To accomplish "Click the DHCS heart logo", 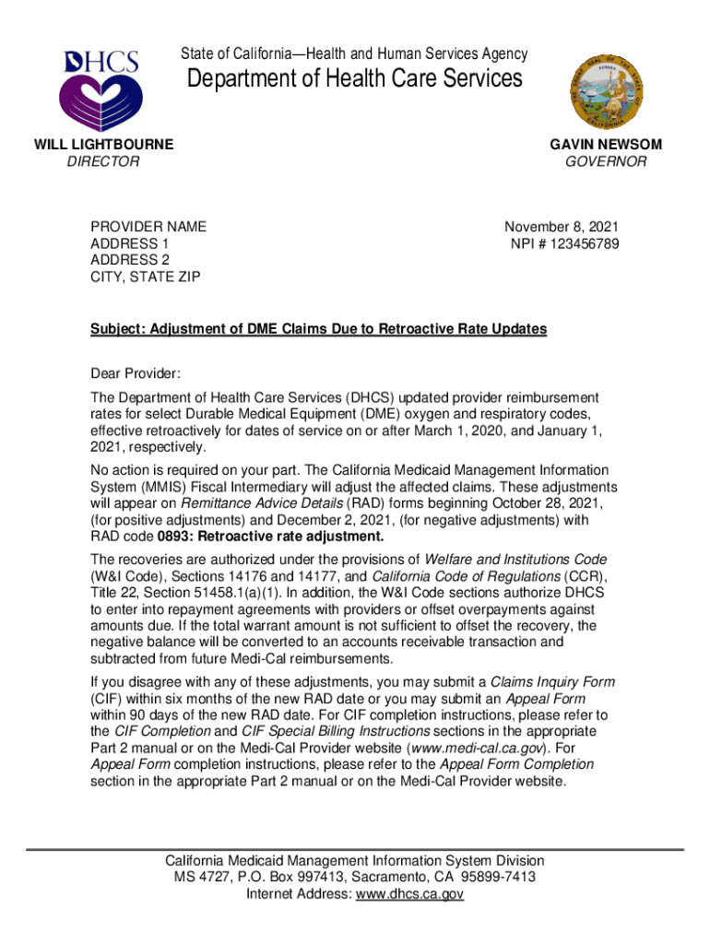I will [101, 89].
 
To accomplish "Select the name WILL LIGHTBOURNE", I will [103, 145].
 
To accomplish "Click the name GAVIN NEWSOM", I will [606, 145].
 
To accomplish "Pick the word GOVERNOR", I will [606, 162].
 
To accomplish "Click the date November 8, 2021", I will [562, 227].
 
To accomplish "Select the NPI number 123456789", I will [586, 244].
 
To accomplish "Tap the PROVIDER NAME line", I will [148, 227].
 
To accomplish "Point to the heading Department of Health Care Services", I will [355, 78].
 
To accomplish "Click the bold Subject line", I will [318, 329].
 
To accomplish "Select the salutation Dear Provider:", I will [136, 373].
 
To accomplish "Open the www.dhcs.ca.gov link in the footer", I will [409, 894].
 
